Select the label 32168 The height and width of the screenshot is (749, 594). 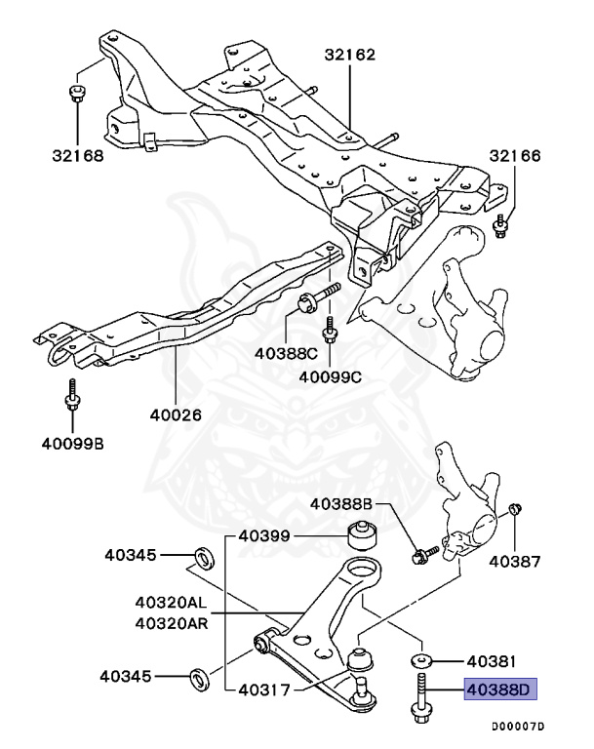(x=77, y=154)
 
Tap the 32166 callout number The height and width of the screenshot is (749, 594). (x=515, y=156)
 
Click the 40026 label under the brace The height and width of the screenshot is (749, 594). (x=175, y=414)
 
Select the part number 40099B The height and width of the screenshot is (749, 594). (x=72, y=446)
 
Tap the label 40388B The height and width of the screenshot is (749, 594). (x=341, y=504)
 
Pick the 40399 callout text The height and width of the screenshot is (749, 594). (x=265, y=535)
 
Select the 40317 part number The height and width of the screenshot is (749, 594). (x=265, y=690)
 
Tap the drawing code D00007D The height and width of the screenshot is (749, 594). (x=517, y=727)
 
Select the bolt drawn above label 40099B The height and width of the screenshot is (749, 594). (x=72, y=403)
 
